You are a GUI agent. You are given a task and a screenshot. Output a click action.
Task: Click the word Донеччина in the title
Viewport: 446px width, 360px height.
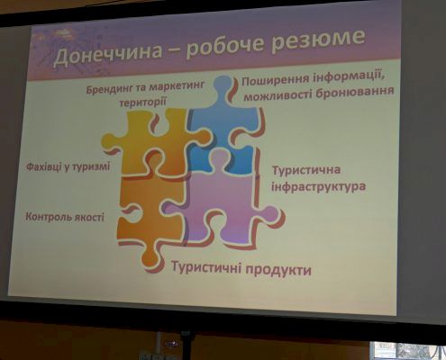click(x=107, y=55)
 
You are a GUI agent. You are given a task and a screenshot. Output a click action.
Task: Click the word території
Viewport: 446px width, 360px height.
click(x=142, y=102)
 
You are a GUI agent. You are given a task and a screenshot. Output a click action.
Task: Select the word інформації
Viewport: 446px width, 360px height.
click(x=349, y=78)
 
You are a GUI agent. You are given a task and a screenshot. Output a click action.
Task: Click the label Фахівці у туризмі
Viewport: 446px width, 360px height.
click(x=68, y=166)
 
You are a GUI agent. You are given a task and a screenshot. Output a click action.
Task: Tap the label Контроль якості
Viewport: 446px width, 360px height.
click(x=65, y=217)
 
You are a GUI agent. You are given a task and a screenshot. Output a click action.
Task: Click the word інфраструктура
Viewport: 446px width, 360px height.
click(x=319, y=186)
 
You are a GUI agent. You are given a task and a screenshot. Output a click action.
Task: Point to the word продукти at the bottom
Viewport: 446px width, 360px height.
click(x=278, y=270)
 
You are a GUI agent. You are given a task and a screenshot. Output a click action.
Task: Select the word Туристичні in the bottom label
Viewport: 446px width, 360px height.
click(x=207, y=266)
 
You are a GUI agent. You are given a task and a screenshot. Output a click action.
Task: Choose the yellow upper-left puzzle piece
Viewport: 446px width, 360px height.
click(x=156, y=141)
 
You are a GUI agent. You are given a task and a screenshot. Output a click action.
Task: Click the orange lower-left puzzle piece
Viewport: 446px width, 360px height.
click(x=150, y=216)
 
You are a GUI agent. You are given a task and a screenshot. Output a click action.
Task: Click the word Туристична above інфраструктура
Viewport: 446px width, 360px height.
click(x=306, y=170)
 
